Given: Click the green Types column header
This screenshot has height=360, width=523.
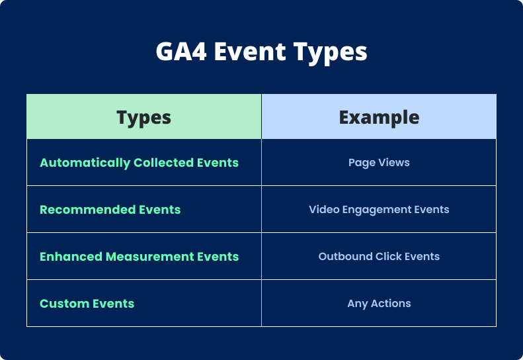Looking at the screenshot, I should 143,117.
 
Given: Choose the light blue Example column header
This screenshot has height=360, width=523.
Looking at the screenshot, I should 379,117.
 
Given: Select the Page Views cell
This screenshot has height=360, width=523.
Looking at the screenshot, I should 379,163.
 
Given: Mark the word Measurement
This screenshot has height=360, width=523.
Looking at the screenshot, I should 145,257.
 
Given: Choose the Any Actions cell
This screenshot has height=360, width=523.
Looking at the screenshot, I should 379,304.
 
